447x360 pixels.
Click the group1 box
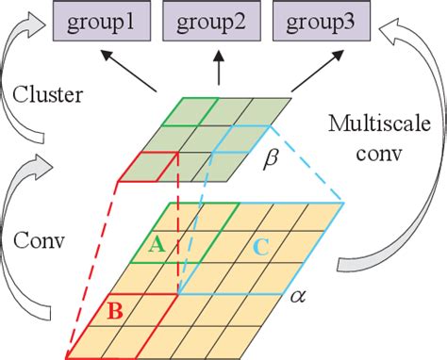coord(92,19)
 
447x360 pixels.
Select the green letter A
coord(157,244)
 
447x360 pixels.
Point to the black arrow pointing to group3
coord(299,74)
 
